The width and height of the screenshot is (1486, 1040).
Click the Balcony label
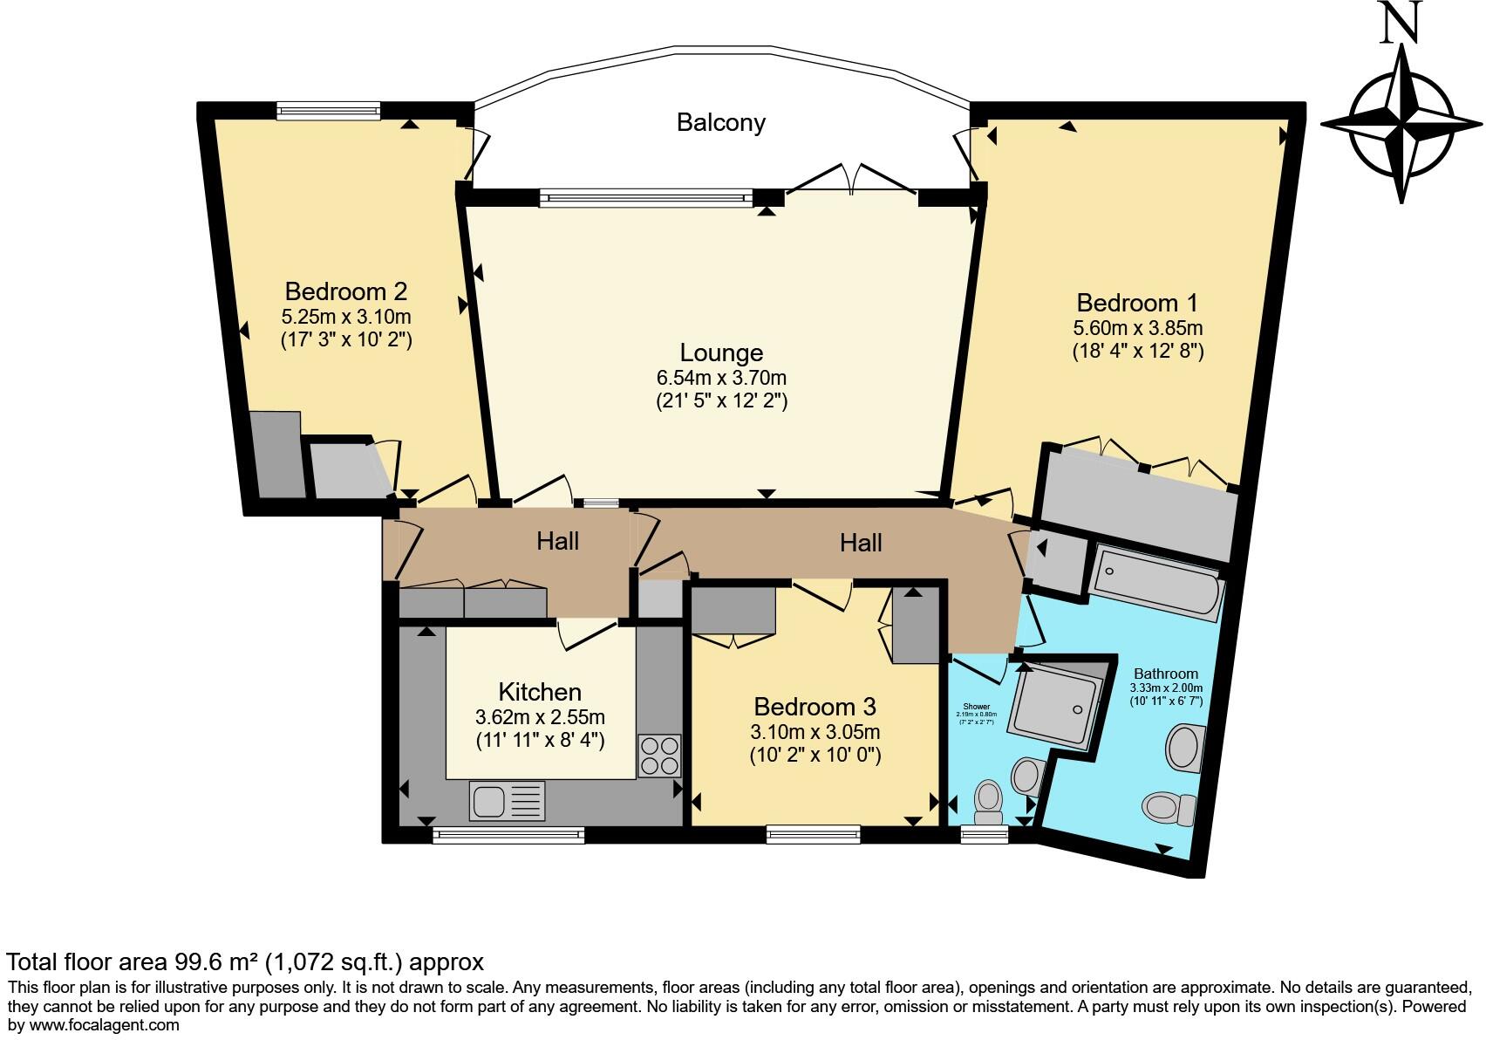pyautogui.click(x=720, y=122)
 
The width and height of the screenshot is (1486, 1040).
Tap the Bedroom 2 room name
pyautogui.click(x=346, y=291)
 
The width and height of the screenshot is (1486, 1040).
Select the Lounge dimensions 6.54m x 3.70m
pyautogui.click(x=721, y=378)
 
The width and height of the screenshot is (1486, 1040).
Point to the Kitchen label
pyautogui.click(x=540, y=692)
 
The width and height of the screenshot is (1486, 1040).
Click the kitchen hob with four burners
pyautogui.click(x=659, y=756)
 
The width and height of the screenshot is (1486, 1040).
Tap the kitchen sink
pyautogui.click(x=507, y=801)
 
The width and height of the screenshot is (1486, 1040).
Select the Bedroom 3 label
pyautogui.click(x=815, y=706)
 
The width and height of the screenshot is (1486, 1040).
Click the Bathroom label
pyautogui.click(x=1166, y=674)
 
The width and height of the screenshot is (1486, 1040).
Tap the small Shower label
pyautogui.click(x=976, y=706)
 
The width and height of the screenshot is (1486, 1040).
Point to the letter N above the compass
pyautogui.click(x=1401, y=23)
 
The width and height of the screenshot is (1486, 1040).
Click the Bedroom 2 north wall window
pyautogui.click(x=329, y=111)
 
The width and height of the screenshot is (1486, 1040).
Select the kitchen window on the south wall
pyautogui.click(x=508, y=835)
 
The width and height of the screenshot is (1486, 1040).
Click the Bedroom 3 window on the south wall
pyautogui.click(x=813, y=834)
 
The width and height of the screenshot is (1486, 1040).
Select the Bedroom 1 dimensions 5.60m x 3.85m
pyautogui.click(x=1137, y=328)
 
